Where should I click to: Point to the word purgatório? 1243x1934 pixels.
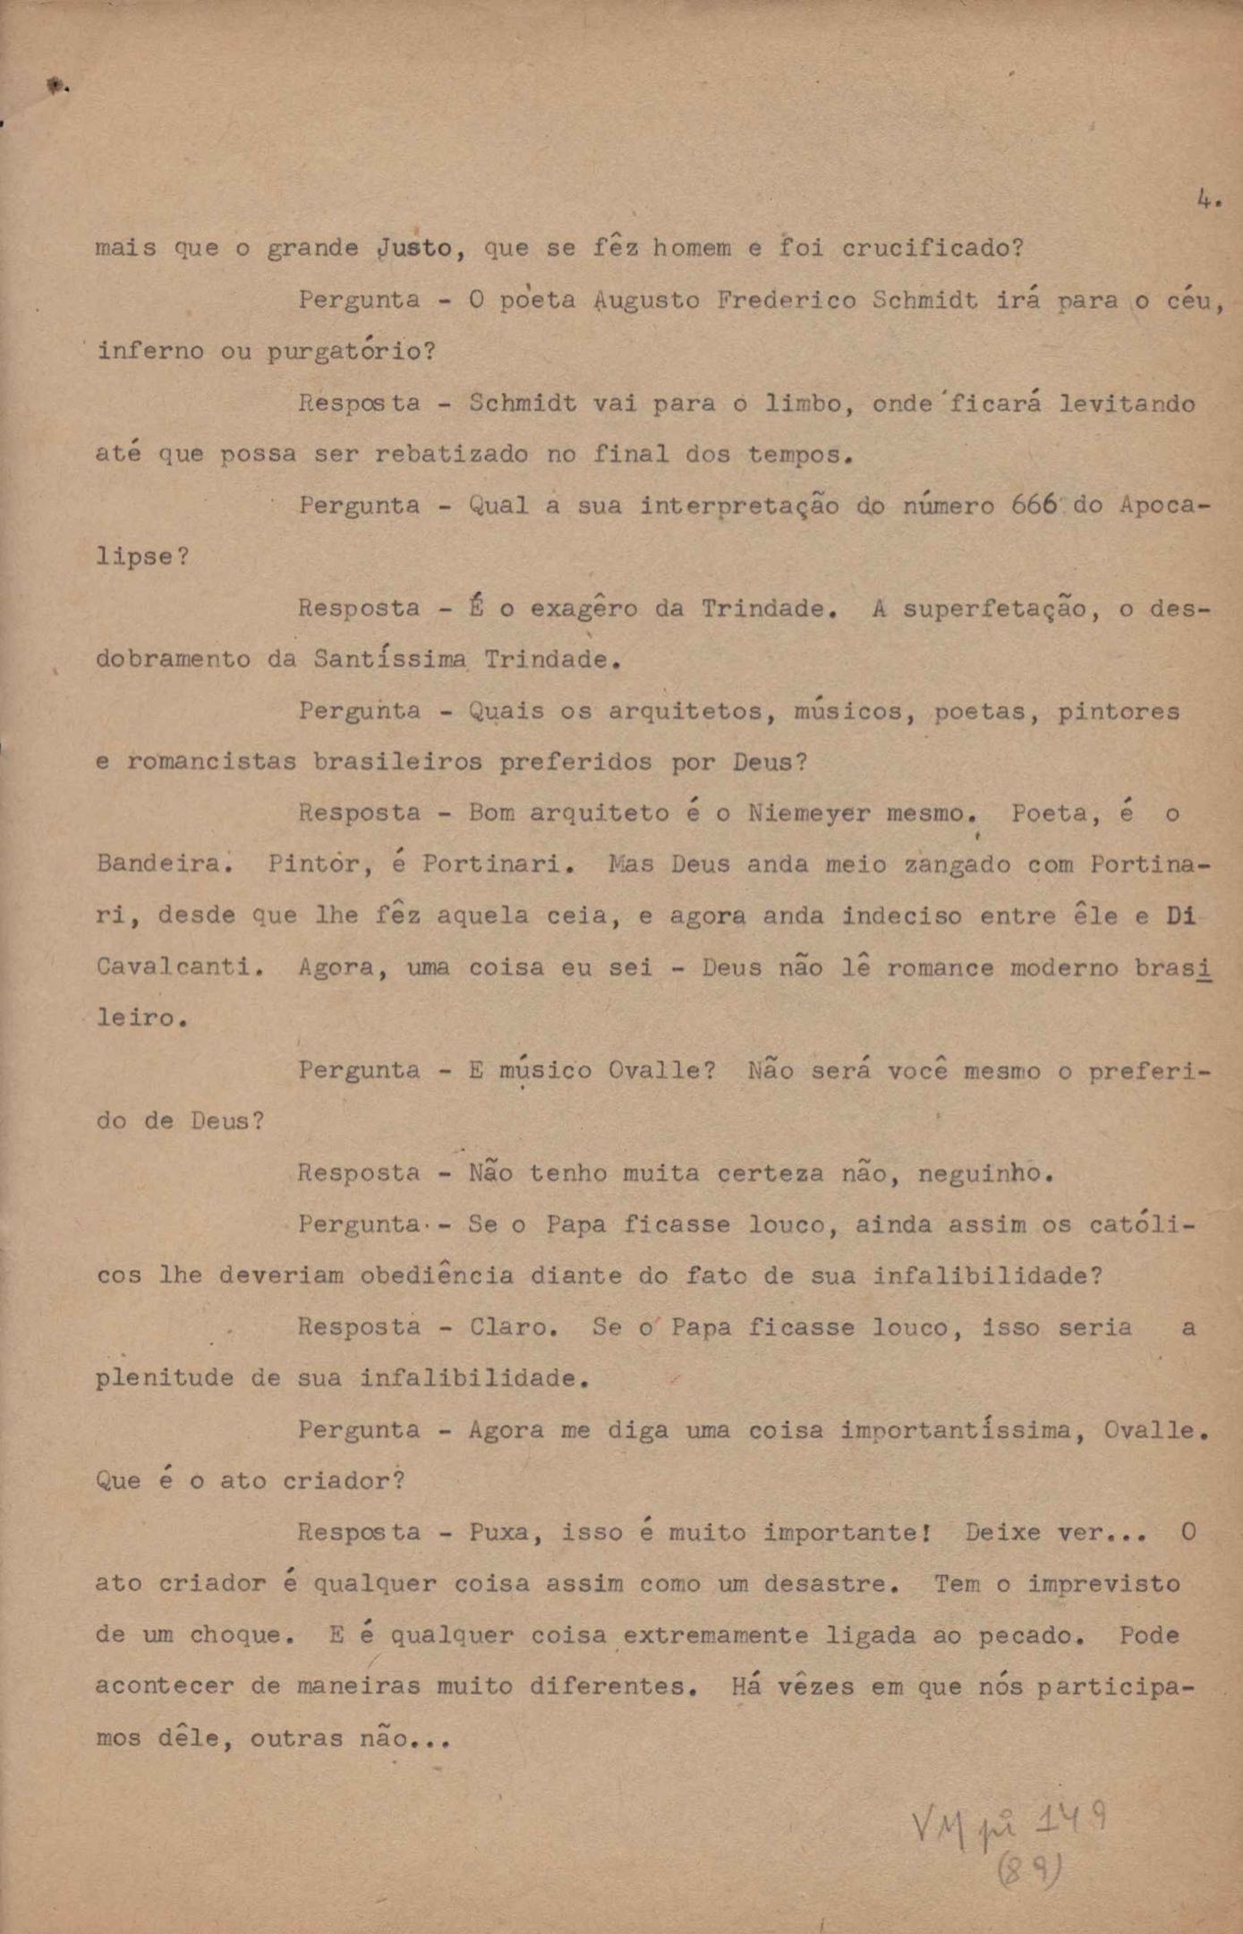click(x=351, y=351)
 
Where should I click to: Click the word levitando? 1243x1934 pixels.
click(x=1127, y=404)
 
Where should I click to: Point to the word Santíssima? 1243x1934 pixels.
click(x=390, y=660)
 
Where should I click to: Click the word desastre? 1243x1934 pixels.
click(x=831, y=1584)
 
